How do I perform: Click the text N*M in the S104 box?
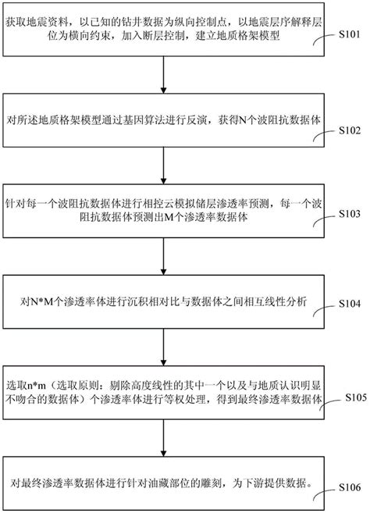[x=40, y=302]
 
